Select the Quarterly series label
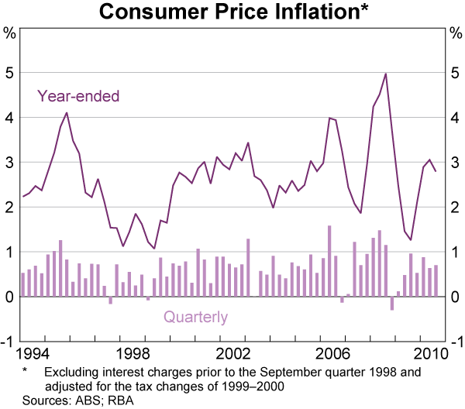pyautogui.click(x=195, y=317)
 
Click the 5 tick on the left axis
pyautogui.click(x=10, y=73)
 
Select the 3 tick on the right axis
pyautogui.click(x=455, y=163)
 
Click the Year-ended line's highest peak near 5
pyautogui.click(x=385, y=74)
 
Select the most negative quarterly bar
pyautogui.click(x=391, y=304)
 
